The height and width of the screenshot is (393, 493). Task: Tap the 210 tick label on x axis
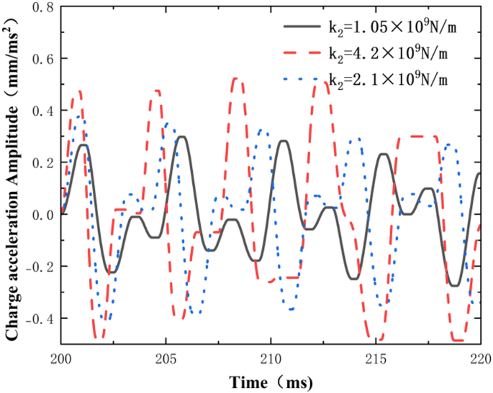(271, 358)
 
